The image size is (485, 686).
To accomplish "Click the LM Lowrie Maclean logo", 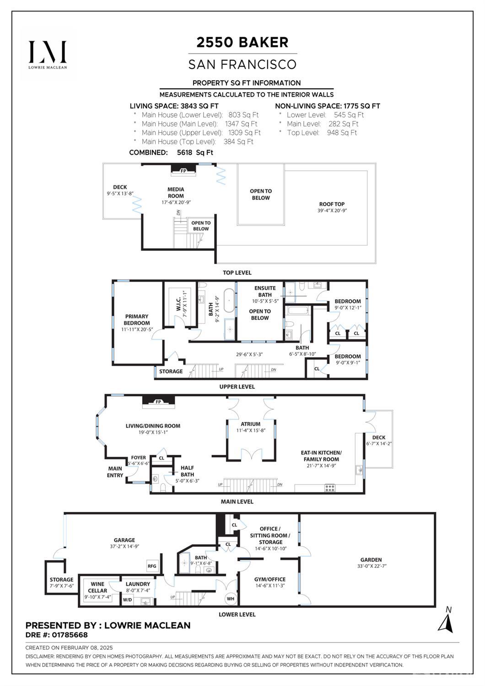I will pos(48,54).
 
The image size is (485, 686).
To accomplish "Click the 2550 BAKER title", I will pos(242,43).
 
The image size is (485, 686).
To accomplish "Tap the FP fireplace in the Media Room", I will pos(183,171).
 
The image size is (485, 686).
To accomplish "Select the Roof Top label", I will pos(332,204).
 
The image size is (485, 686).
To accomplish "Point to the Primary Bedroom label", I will pos(137,319).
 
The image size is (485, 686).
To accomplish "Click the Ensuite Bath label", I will pos(264,292).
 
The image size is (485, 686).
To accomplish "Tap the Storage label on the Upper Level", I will pos(171,371).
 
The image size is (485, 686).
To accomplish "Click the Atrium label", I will pos(250,424).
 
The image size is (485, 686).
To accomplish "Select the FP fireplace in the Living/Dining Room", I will pos(159,402).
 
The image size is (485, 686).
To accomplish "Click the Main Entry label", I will pos(115,472).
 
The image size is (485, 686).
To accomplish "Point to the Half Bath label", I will pos(187,471).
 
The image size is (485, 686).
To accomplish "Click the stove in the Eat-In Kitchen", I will pos(329,488).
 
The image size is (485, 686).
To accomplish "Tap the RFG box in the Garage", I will pos(152,566).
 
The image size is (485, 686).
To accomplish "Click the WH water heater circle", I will pos(230,599).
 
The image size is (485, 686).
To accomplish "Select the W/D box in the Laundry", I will pos(127,600).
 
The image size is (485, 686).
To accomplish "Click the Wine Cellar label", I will pos(97,587).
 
